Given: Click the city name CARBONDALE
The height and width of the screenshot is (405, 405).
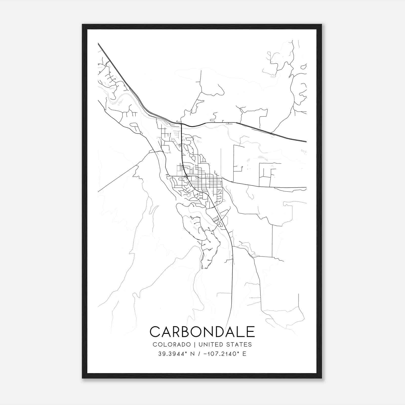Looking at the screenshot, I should [x=202, y=332].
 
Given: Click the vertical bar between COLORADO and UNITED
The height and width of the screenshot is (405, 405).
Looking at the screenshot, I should [x=195, y=344].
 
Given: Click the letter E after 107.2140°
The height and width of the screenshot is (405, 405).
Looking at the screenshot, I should [x=244, y=354].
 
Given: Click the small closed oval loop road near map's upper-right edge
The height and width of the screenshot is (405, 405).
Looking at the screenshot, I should [x=303, y=67].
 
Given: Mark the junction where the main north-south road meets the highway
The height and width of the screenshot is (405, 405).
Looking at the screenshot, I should [x=181, y=124].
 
